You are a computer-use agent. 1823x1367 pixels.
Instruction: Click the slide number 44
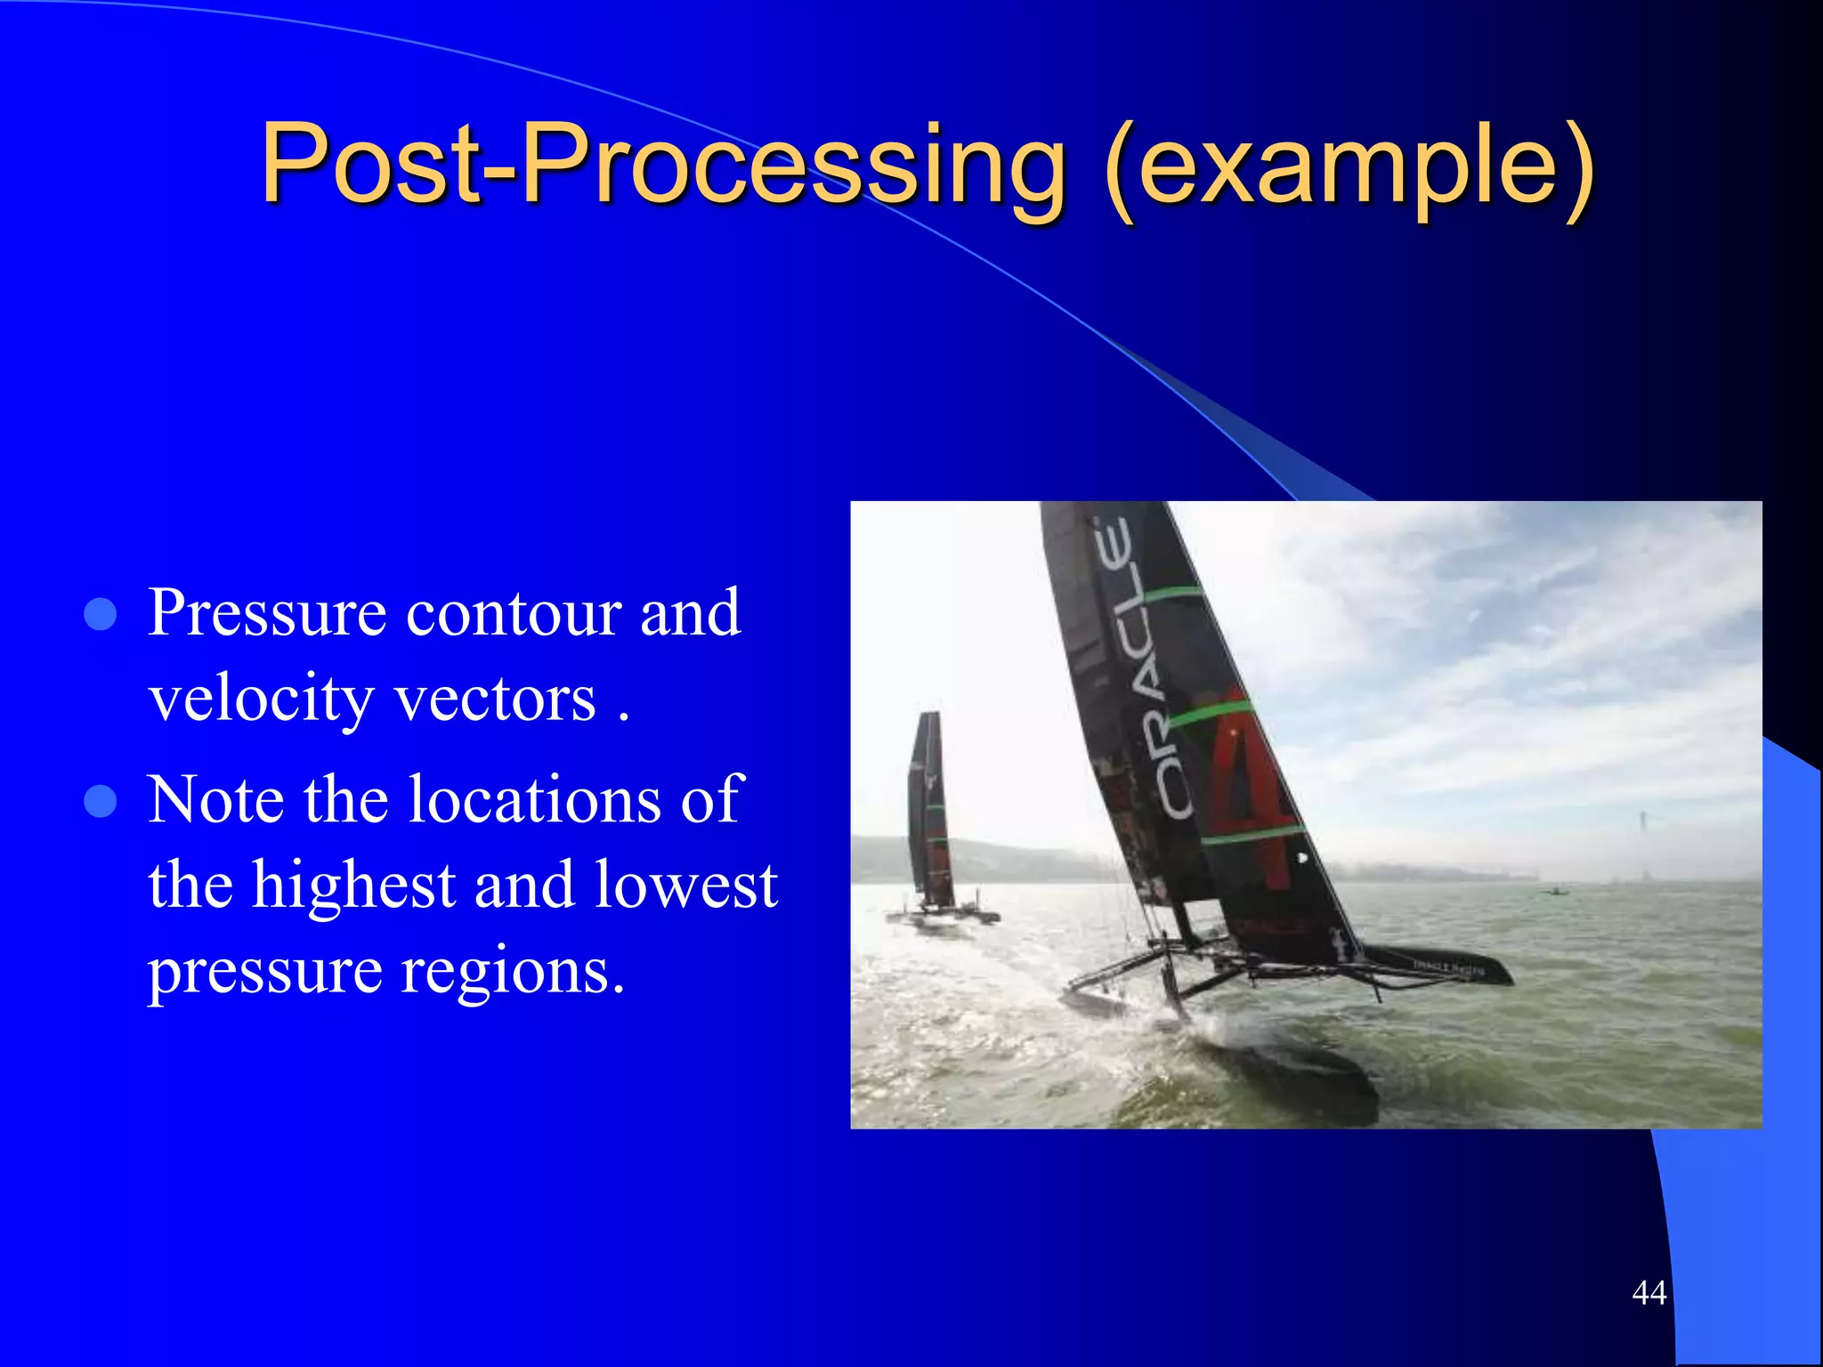point(1649,1292)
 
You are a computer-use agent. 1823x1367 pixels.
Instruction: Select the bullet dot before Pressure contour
point(101,614)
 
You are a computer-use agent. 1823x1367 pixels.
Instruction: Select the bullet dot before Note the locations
point(101,801)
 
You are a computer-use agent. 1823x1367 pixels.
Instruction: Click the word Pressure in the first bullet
point(267,614)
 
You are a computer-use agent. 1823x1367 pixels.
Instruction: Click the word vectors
point(494,699)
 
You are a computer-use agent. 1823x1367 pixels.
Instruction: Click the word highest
point(354,886)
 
